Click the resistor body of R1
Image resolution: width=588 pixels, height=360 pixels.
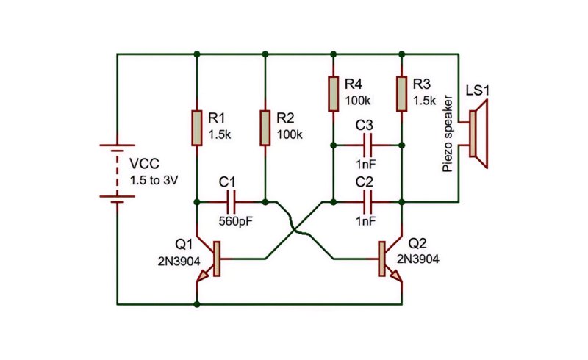(x=197, y=128)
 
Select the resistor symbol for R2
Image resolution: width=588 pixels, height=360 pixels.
(x=265, y=128)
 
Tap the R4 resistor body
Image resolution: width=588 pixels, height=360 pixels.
(x=334, y=94)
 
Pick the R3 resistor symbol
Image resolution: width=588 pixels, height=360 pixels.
(x=401, y=94)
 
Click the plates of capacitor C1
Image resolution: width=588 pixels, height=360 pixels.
(x=231, y=202)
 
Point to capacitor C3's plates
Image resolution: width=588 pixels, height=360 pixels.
(x=367, y=145)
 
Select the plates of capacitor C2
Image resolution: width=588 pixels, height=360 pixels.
(x=367, y=202)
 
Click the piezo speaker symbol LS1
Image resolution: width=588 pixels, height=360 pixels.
(x=478, y=134)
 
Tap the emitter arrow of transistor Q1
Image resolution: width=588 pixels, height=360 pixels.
(x=203, y=276)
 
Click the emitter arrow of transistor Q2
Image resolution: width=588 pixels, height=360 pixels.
(x=396, y=276)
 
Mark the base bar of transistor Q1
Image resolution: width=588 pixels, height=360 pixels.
(x=216, y=259)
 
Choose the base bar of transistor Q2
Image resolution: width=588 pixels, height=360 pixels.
(x=381, y=259)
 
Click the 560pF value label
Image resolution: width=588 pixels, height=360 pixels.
(x=236, y=221)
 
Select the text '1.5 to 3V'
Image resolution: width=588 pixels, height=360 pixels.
(x=154, y=181)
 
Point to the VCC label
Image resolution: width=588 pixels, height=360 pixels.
(x=144, y=164)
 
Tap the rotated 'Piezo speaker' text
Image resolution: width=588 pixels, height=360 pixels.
(x=448, y=134)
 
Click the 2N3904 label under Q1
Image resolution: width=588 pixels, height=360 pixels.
(x=179, y=262)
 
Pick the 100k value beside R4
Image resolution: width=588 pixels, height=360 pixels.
(x=358, y=101)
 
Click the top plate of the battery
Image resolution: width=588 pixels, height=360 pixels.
(x=118, y=145)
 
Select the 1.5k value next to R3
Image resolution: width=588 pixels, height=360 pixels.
(x=425, y=101)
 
